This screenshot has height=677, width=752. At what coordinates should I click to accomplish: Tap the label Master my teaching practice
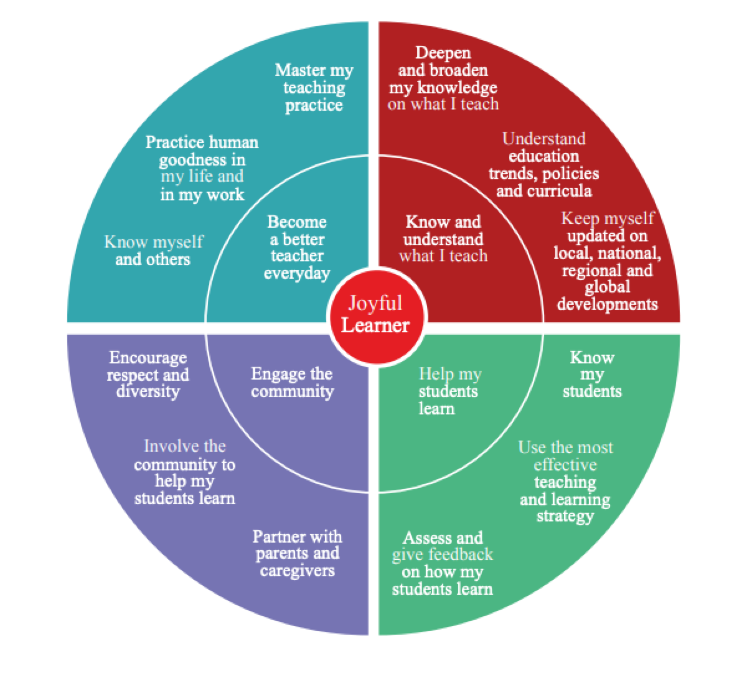[x=314, y=88]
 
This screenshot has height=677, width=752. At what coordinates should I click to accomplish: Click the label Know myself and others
[x=153, y=250]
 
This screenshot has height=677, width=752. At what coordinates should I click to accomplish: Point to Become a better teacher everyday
[x=297, y=248]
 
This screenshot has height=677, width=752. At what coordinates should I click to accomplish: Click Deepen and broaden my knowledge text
[x=443, y=78]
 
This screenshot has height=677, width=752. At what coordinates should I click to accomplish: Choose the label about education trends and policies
[x=544, y=164]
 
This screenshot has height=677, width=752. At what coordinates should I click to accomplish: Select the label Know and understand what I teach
[x=443, y=239]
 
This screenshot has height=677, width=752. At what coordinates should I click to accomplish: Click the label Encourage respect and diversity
[x=148, y=375]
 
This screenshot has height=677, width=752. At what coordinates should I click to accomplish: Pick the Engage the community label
[x=292, y=382]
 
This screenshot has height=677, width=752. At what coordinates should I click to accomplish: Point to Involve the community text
[x=185, y=472]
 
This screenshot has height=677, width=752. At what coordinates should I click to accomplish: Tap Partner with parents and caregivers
[x=297, y=554]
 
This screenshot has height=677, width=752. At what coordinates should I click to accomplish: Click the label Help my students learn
[x=449, y=391]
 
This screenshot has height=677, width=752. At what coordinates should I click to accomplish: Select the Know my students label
[x=592, y=374]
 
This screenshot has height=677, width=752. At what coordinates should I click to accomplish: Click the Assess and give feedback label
[x=443, y=563]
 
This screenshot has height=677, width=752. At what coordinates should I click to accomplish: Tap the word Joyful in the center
[x=375, y=304]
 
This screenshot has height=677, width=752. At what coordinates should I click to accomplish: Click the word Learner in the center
[x=375, y=325]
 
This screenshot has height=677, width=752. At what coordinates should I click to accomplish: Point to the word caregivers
[x=297, y=571]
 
